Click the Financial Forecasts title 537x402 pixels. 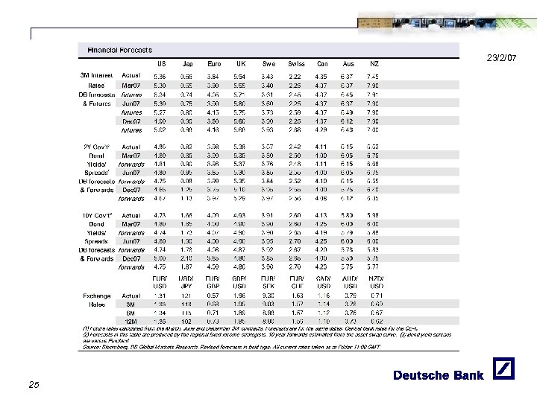pos(119,50)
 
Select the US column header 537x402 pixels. pos(160,63)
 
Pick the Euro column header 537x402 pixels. pos(214,63)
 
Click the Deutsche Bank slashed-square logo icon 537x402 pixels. pos(497,374)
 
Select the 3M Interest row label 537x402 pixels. pos(97,75)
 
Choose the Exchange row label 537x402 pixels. pos(98,296)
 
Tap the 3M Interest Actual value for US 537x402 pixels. pos(160,76)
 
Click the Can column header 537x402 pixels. pos(321,63)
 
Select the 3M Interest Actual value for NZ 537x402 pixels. pos(374,76)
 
